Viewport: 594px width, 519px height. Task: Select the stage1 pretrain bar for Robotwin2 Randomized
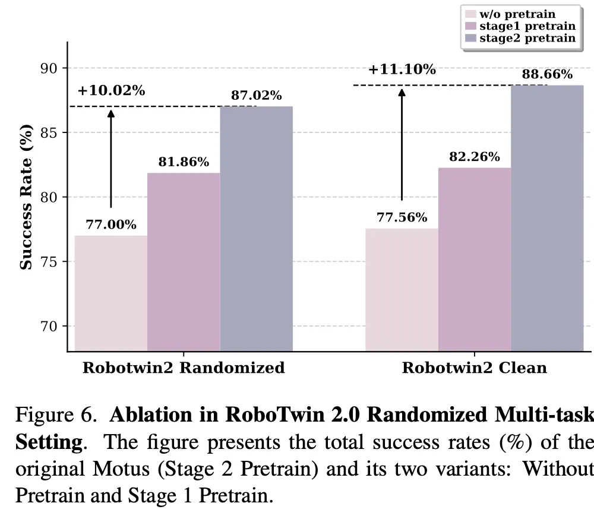click(x=184, y=261)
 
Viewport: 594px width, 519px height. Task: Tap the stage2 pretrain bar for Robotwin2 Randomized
click(x=256, y=229)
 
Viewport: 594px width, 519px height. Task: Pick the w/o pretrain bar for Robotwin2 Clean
click(x=402, y=289)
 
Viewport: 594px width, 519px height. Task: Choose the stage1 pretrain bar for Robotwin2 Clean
click(x=475, y=259)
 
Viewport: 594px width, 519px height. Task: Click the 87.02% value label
click(x=257, y=96)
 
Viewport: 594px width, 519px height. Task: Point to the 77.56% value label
click(x=402, y=217)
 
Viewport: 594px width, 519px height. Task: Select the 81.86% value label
click(x=184, y=162)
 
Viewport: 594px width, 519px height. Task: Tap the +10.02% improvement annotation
click(x=111, y=91)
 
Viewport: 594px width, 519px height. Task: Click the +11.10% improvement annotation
click(x=402, y=69)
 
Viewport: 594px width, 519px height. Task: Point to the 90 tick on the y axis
click(x=50, y=68)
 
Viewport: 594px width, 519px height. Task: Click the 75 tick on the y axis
click(x=50, y=262)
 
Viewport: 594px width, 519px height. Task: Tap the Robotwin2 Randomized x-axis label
click(x=184, y=368)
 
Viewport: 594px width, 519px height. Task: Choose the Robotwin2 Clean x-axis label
click(x=474, y=368)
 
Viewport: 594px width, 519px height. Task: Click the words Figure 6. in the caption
click(x=55, y=414)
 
